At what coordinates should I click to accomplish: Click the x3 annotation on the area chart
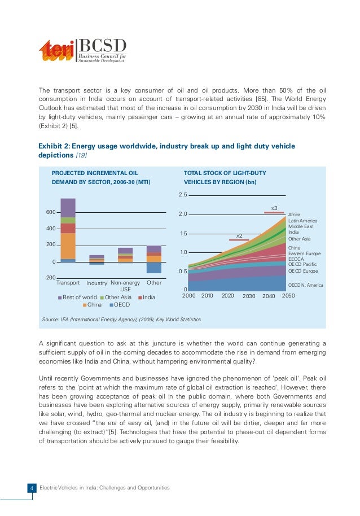(274, 209)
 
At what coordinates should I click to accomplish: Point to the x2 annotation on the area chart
(239, 235)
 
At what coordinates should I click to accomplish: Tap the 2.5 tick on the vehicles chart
(182, 195)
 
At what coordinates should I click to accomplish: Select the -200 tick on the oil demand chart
(50, 278)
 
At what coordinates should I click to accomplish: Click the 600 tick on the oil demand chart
(50, 212)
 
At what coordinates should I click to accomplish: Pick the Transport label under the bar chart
(68, 282)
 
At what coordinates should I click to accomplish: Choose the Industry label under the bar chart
(97, 283)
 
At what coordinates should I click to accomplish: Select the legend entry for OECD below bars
(119, 305)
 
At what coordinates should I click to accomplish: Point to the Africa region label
(295, 215)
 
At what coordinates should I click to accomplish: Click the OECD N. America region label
(306, 285)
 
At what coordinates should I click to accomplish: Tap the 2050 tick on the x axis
(288, 295)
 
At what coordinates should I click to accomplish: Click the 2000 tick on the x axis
(189, 295)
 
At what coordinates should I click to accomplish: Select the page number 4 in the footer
(33, 488)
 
